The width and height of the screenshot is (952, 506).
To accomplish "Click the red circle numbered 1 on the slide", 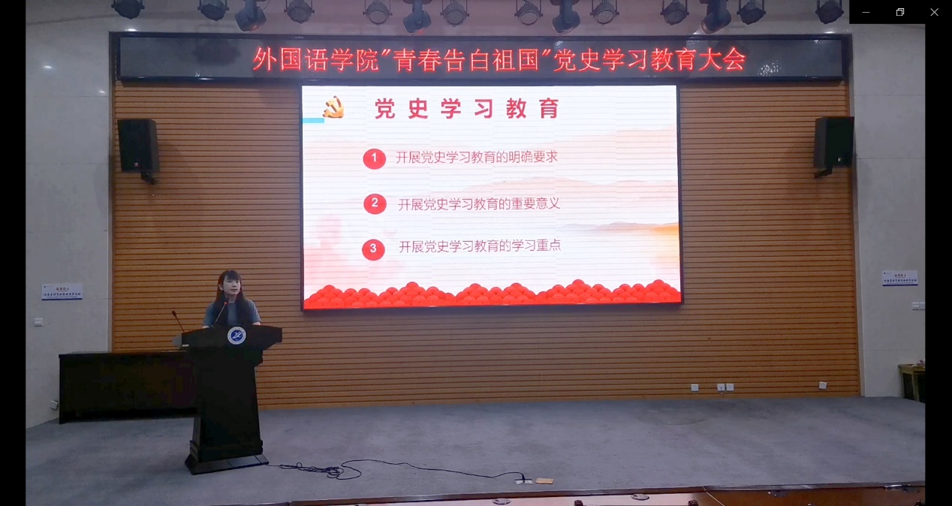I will pos(374,158).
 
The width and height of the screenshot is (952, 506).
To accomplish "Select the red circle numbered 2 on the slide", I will pos(375,203).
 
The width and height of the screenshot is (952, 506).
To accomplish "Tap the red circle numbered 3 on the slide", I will pos(373,249).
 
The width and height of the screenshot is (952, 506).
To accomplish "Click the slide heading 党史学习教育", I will pos(468,110).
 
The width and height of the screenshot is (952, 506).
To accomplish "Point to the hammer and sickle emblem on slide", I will pos(333,107).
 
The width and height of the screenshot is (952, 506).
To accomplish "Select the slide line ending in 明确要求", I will pos(477,158).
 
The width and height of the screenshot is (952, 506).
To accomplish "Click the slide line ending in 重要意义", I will pos(479,203).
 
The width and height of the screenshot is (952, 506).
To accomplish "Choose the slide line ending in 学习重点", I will pos(480,245).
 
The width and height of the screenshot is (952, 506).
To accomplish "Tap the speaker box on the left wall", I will pos(138,146).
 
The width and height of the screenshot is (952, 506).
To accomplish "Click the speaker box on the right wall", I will pos(833,143).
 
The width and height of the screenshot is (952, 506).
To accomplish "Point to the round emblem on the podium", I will pos(236,336).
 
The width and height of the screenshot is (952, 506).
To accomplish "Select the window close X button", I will pos(934,12).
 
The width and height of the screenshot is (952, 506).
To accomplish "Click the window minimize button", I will pos(866,12).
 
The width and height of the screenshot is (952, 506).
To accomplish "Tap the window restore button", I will pos(900,12).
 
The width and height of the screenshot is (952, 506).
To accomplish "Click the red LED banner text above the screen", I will pos(499,59).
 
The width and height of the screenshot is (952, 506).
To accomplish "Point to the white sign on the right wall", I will pos(899,278).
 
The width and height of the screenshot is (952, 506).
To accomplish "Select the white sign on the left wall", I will pos(62,291).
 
